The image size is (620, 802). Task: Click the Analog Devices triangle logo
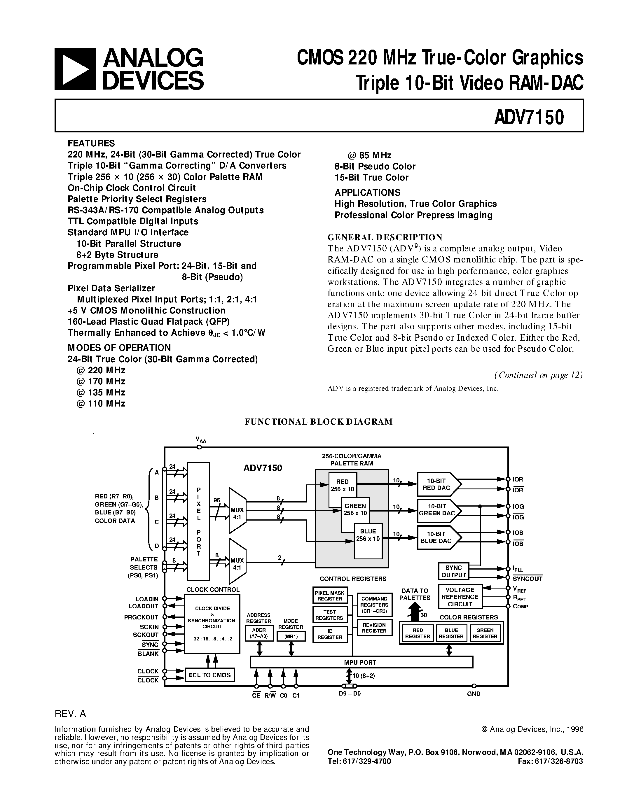75,69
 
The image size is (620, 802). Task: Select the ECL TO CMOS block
209,675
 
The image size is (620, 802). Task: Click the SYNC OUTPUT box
453,571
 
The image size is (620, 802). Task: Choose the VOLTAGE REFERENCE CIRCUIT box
460,597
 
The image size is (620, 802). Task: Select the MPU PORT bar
361,662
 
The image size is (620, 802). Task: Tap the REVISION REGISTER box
374,628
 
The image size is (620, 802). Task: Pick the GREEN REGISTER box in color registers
485,633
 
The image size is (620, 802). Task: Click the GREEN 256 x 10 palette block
355,509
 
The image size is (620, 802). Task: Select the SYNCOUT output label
528,579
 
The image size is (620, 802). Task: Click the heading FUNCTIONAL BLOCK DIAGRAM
318,422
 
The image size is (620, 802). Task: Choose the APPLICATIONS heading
367,192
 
